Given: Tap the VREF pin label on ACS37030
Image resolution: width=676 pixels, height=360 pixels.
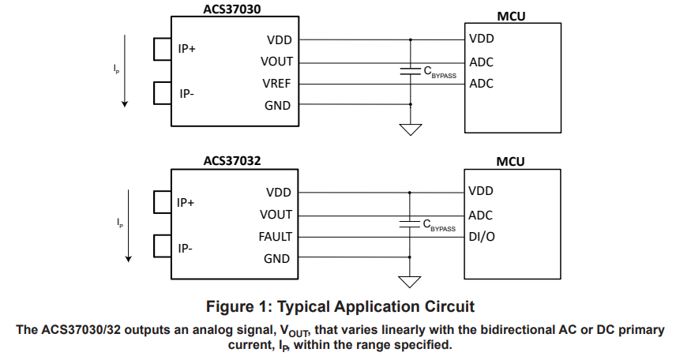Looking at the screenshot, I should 276,83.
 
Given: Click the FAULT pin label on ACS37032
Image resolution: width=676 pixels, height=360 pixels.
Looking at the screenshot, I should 275,236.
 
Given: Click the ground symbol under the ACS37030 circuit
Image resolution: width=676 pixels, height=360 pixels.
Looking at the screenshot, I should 411,129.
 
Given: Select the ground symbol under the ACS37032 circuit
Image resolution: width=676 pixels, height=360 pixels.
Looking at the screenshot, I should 411,281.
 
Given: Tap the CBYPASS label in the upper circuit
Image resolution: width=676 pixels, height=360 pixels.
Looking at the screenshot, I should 440,72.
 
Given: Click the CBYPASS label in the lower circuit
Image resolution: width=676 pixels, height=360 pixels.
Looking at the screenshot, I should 440,226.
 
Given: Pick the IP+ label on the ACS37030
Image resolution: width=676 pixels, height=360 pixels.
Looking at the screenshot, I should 187,49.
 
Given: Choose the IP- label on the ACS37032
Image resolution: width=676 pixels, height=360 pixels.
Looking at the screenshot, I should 186,248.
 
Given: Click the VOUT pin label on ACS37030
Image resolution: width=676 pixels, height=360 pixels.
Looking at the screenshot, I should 276,62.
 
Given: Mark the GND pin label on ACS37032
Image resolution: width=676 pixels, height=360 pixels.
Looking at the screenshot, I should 277,258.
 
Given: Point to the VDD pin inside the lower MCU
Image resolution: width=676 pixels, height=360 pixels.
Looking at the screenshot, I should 481,191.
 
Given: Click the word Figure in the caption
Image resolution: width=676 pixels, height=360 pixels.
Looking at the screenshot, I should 228,306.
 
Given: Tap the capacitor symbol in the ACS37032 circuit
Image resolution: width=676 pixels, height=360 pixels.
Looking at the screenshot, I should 411,223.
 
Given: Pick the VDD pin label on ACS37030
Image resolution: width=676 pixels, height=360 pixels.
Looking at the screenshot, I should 279,39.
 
